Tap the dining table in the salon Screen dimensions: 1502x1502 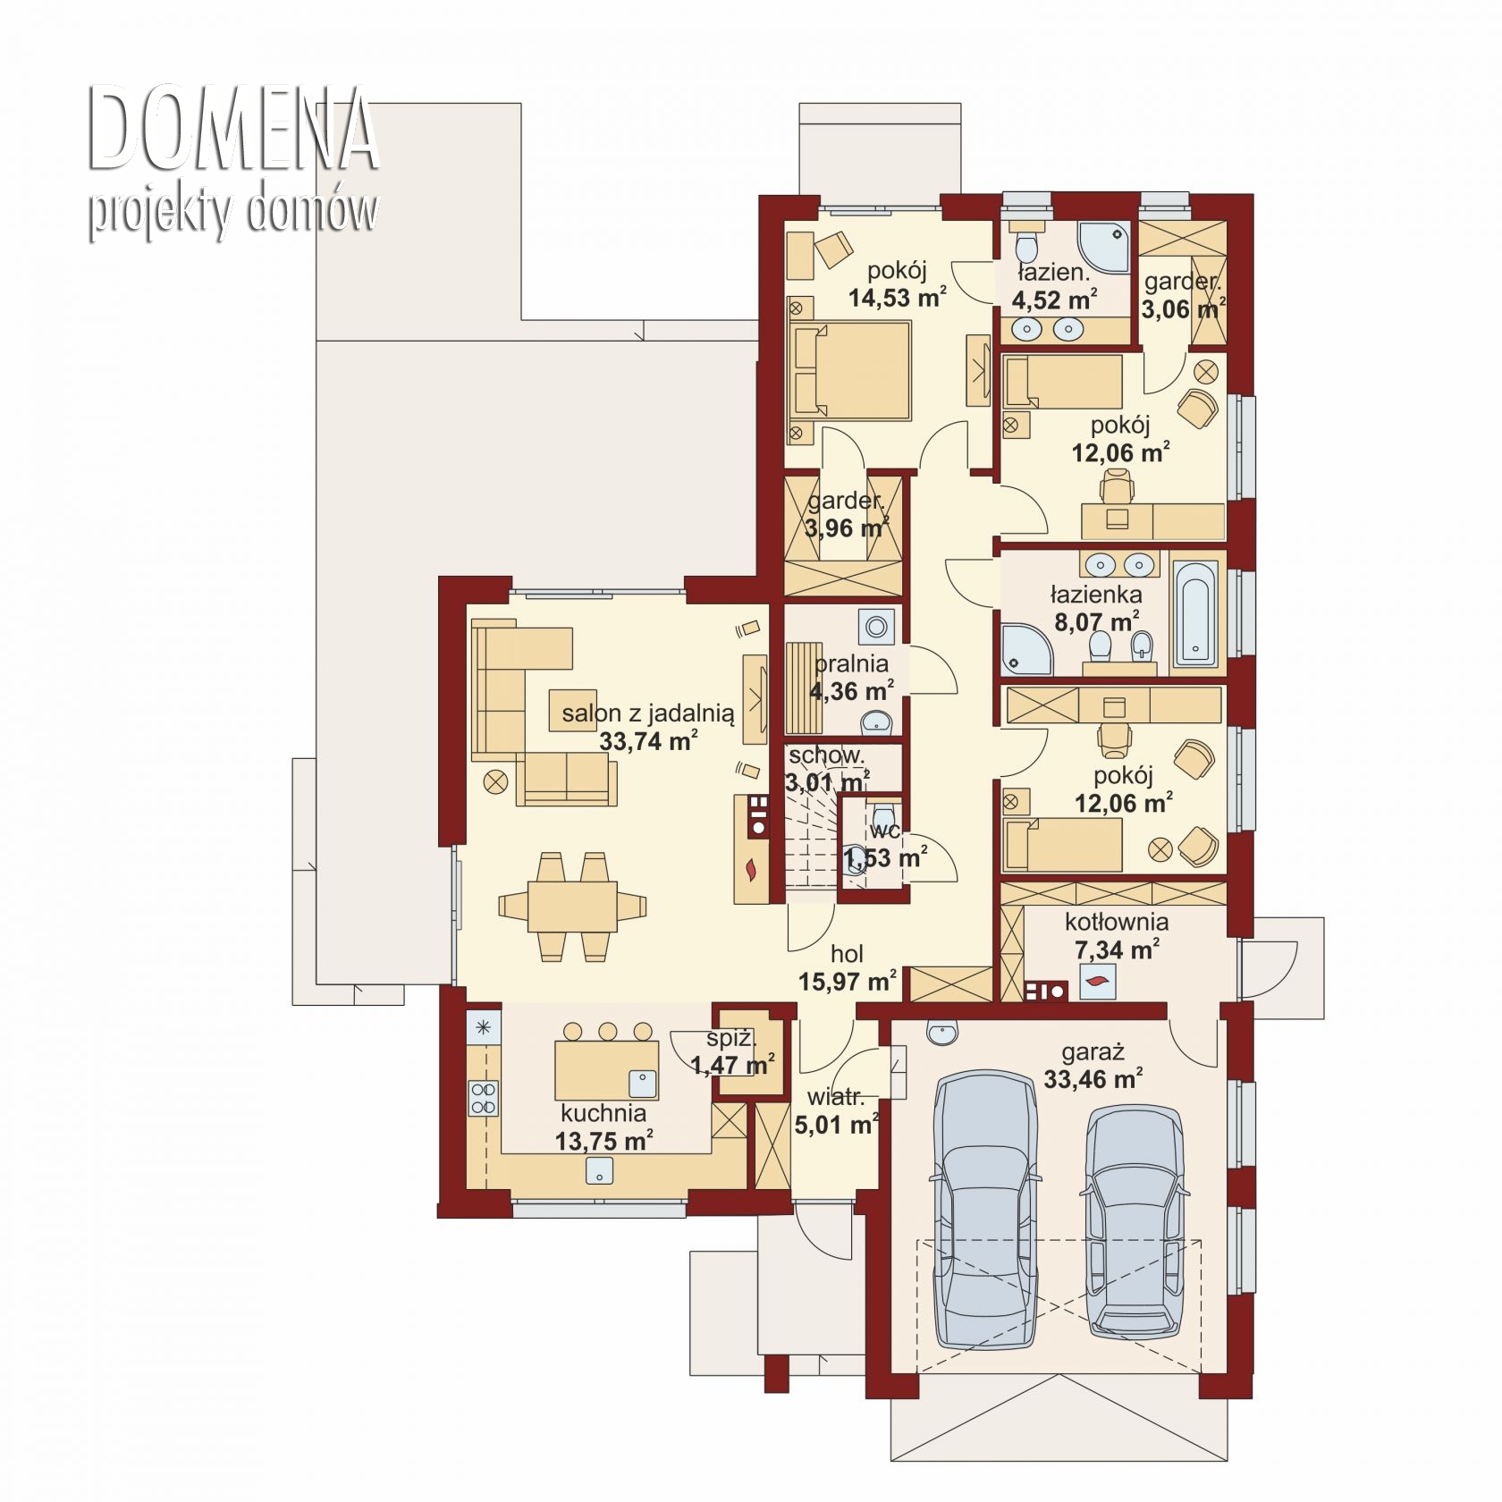(572, 907)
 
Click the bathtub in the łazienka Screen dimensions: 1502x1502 (1195, 612)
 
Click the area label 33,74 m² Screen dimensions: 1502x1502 (648, 741)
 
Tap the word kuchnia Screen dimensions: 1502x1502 (603, 1113)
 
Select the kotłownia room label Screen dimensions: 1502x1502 (1117, 922)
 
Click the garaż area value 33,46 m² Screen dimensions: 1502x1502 (1093, 1079)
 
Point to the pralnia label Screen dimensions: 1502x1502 (851, 663)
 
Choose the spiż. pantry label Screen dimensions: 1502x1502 (731, 1039)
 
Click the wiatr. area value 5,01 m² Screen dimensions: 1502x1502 (836, 1124)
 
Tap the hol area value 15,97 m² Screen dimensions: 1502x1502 (848, 982)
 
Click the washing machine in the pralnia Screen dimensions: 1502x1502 (876, 627)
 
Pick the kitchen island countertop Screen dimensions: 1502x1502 (607, 1070)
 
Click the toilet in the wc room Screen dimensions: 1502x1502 (883, 817)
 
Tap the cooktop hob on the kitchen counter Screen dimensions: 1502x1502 (484, 1097)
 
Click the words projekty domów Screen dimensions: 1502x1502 (232, 212)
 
